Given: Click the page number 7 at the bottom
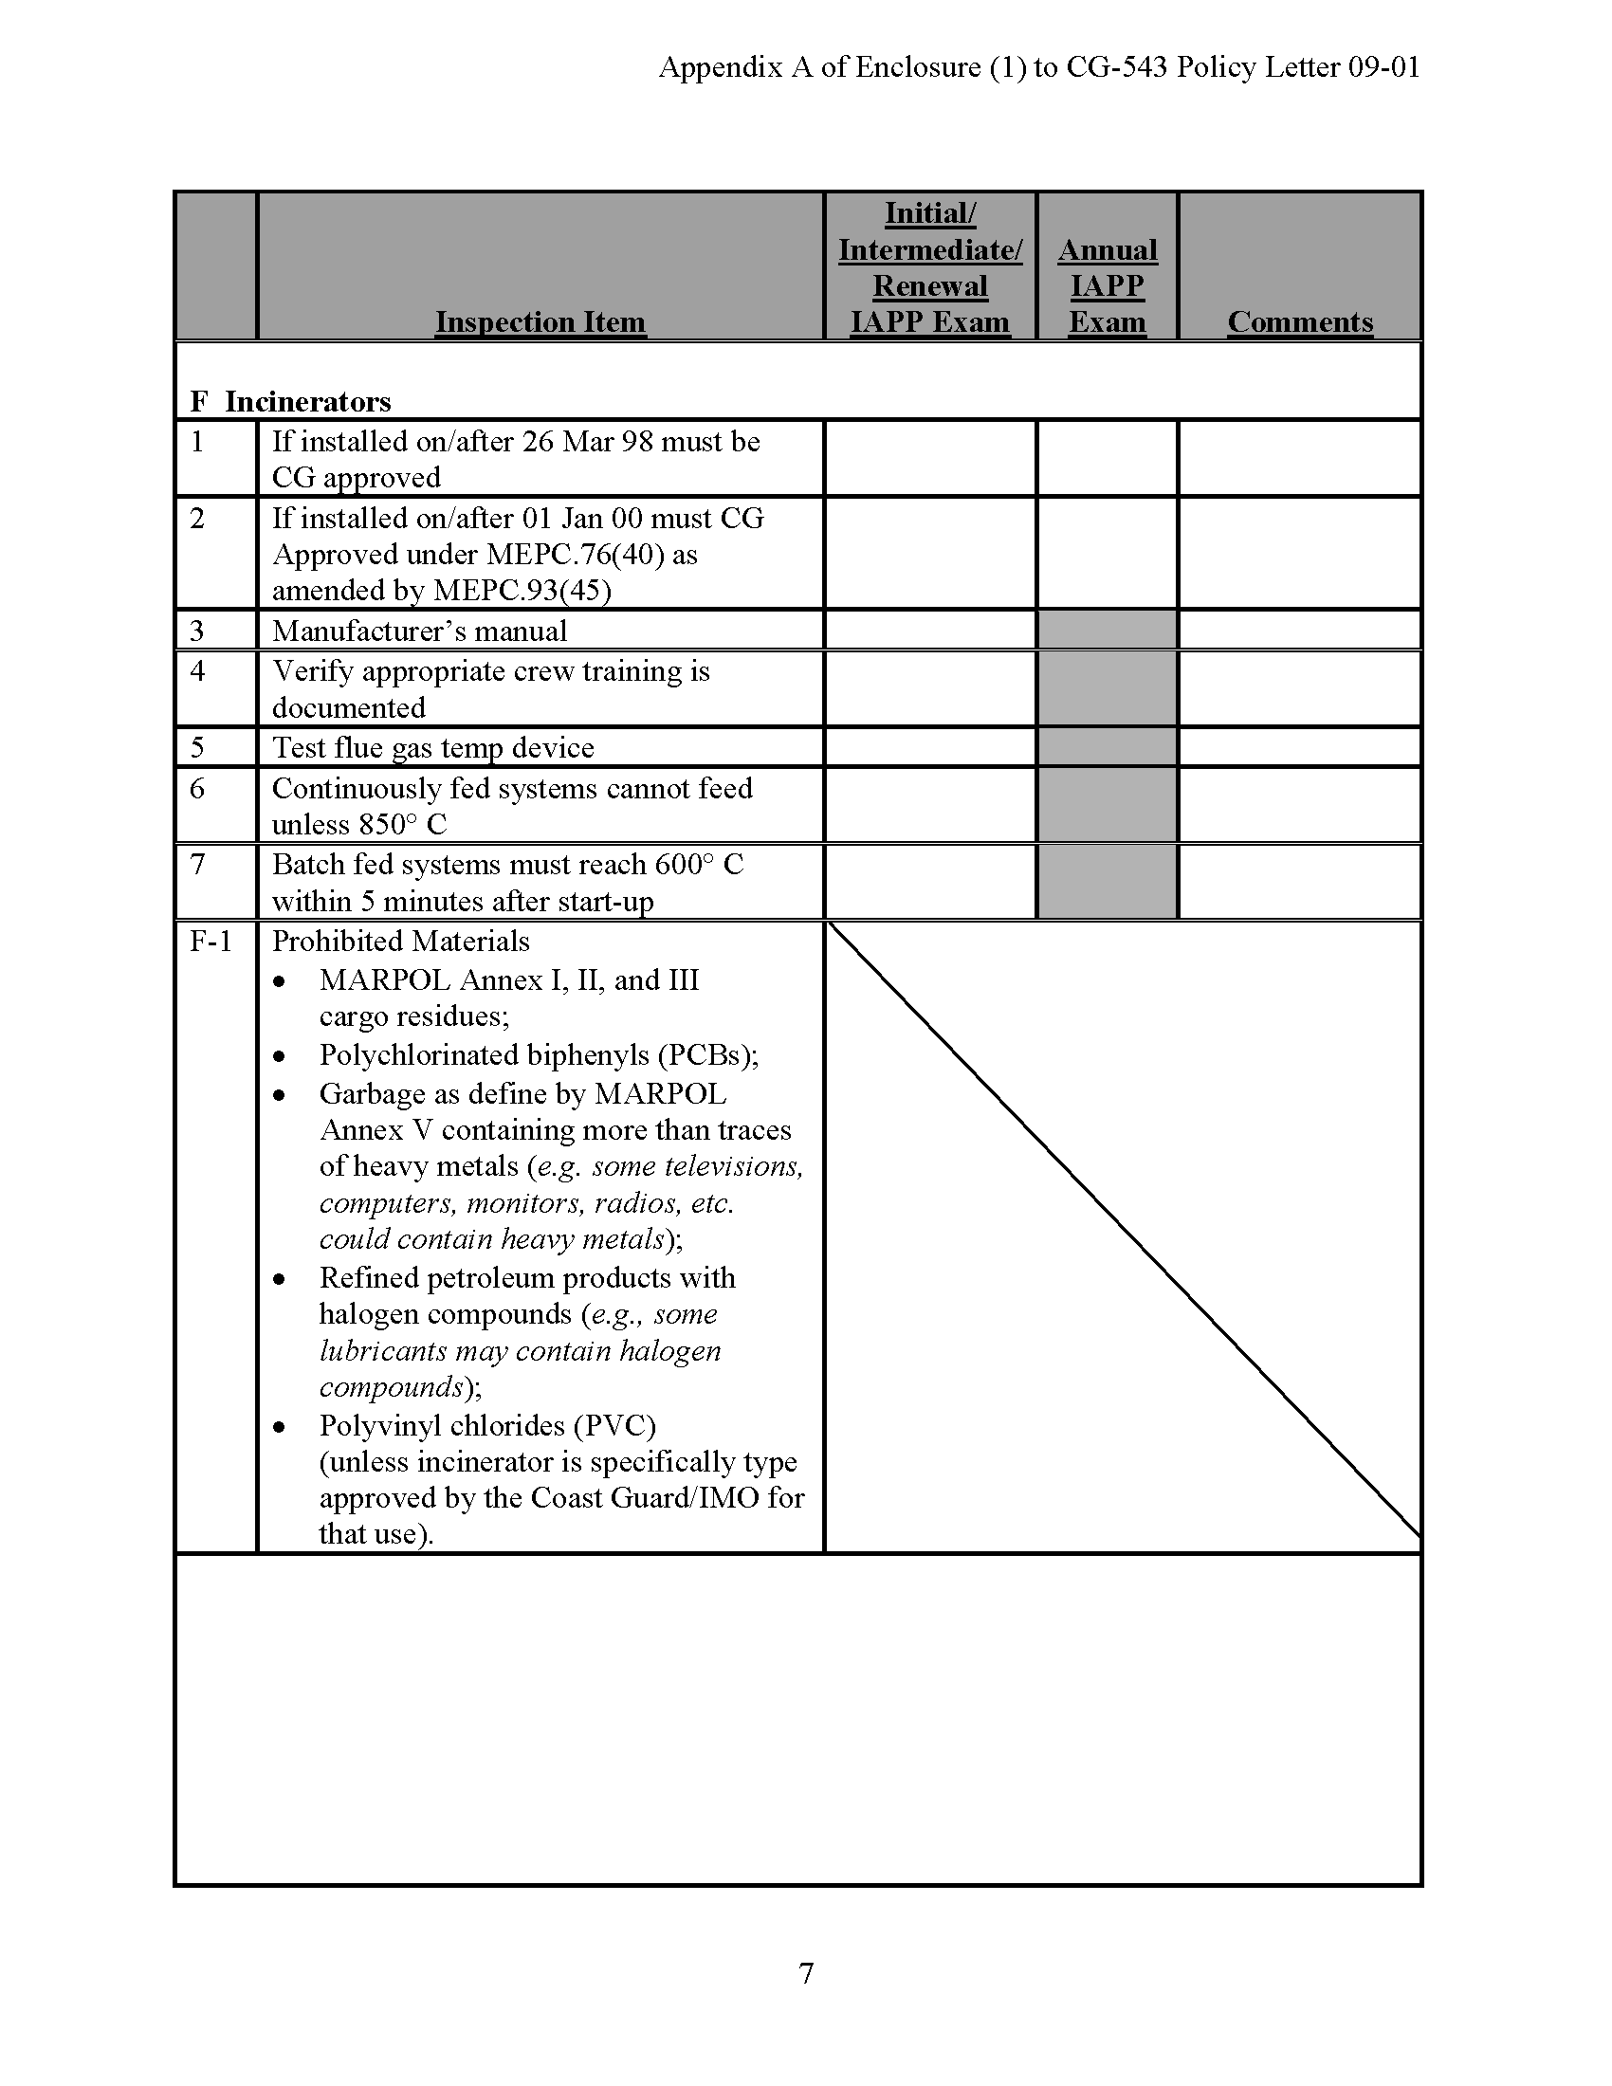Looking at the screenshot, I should (806, 1972).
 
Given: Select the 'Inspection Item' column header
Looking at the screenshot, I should (540, 321).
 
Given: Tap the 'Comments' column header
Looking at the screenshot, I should (1300, 321).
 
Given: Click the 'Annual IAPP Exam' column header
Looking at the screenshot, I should (1107, 285).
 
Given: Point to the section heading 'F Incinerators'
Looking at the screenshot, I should (290, 401).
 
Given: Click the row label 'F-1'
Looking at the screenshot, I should (211, 942).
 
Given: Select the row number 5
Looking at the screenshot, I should (197, 747).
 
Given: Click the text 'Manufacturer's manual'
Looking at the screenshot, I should (419, 631).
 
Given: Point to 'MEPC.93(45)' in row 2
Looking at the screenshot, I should (522, 591).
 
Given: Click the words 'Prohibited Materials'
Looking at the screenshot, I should (400, 942).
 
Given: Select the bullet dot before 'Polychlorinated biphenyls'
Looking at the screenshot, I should (279, 1056).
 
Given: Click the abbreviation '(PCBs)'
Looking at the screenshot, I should (707, 1054).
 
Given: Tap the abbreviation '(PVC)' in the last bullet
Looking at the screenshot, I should (615, 1425).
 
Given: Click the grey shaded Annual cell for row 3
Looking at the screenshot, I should (1107, 631).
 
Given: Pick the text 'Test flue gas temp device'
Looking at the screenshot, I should (432, 747).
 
